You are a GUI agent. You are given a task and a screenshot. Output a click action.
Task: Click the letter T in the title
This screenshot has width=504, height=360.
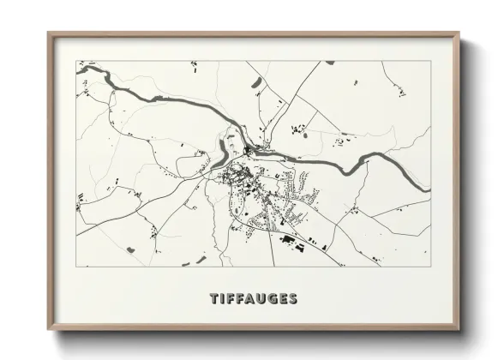click(x=215, y=299)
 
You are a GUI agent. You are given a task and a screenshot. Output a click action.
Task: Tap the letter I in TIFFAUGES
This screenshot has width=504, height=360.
click(x=224, y=299)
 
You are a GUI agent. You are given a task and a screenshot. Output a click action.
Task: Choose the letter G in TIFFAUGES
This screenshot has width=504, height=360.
click(x=273, y=299)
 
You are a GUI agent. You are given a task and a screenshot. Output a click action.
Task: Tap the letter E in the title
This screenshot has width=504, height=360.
click(x=284, y=299)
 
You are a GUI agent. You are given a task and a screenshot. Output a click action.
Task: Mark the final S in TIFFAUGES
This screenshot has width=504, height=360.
click(x=293, y=299)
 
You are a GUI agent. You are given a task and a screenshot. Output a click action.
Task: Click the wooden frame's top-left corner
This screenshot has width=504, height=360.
click(x=48, y=33)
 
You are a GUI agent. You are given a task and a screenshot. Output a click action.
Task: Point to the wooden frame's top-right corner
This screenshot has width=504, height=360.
click(x=459, y=33)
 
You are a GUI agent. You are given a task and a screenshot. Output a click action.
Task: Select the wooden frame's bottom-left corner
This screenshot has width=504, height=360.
click(x=48, y=330)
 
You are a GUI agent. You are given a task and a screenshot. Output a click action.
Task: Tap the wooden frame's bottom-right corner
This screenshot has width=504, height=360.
click(x=459, y=330)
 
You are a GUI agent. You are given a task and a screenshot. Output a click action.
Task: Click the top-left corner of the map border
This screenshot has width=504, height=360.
click(x=76, y=61)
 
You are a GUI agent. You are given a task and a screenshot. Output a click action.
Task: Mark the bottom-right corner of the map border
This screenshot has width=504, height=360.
click(x=430, y=267)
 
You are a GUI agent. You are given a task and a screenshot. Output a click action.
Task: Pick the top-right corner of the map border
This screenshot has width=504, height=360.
click(x=430, y=61)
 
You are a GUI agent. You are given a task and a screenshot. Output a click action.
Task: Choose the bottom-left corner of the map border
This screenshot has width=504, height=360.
click(x=76, y=267)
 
